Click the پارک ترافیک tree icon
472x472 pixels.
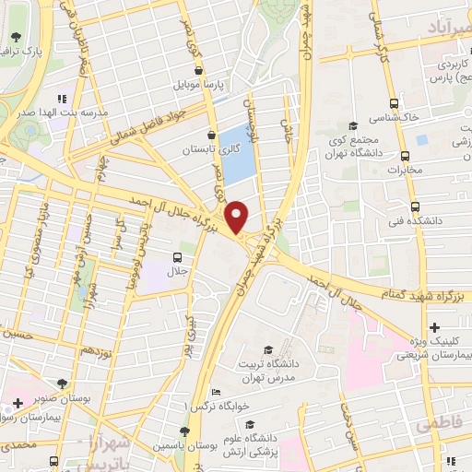15,40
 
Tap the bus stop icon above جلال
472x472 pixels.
177,257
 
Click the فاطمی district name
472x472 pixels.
436,426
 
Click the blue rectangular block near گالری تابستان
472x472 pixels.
239,152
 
